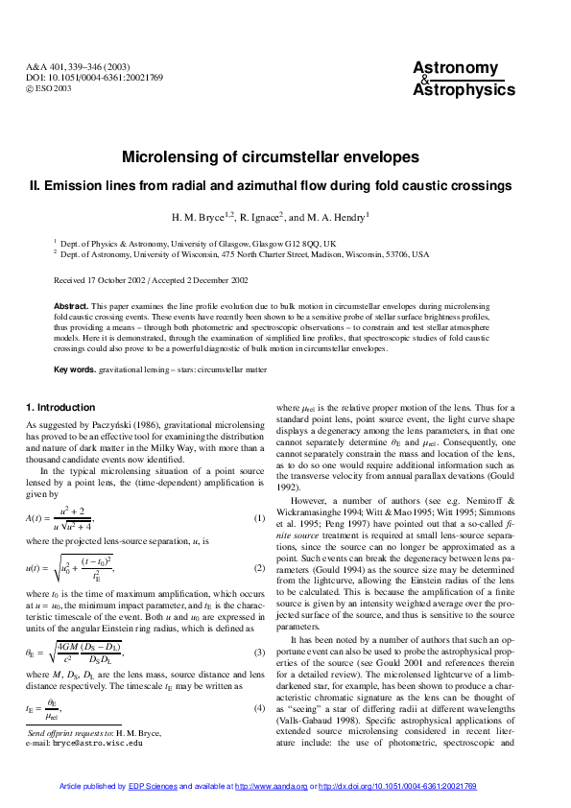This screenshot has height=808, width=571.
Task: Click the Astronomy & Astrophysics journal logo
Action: pos(464,79)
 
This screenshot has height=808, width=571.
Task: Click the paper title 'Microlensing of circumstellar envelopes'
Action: pos(271,156)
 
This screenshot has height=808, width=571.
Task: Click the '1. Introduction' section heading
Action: pos(60,407)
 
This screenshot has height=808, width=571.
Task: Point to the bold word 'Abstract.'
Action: pos(70,304)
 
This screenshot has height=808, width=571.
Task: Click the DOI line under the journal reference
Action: pos(94,78)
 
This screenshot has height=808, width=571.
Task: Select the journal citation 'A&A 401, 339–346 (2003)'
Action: pos(84,67)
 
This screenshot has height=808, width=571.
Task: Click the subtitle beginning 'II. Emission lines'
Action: pos(271,186)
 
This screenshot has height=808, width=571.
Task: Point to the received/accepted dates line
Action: pos(151,280)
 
